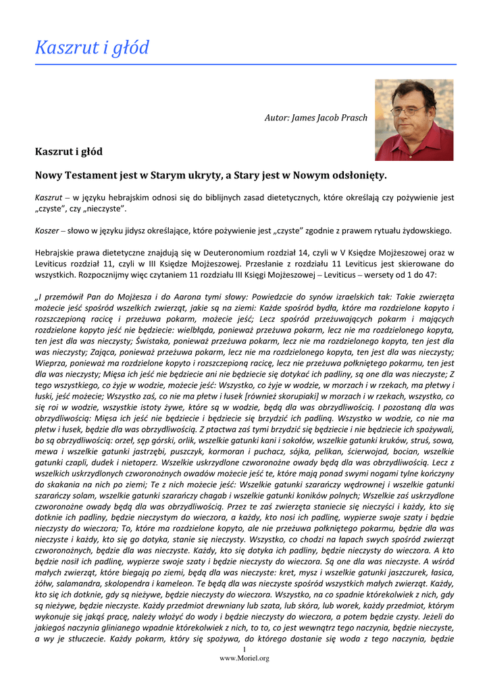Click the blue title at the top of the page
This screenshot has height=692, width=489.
(x=92, y=48)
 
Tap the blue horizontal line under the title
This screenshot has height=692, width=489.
(x=244, y=64)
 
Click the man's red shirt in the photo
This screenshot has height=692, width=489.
(x=413, y=145)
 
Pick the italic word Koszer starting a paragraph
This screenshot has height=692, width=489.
(x=47, y=230)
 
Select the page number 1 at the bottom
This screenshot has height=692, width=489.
(x=244, y=649)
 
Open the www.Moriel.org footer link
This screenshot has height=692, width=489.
(x=244, y=658)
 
